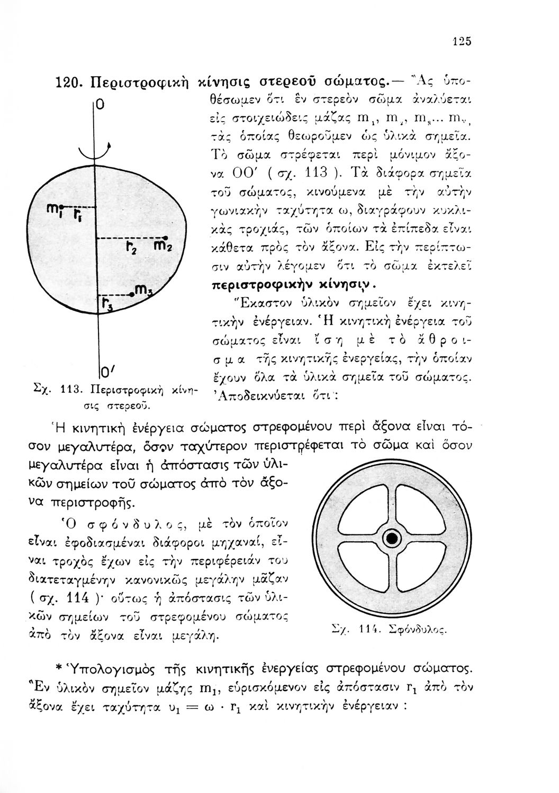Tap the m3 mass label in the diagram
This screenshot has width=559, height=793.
coord(143,289)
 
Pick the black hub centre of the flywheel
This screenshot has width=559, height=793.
coord(392,538)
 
